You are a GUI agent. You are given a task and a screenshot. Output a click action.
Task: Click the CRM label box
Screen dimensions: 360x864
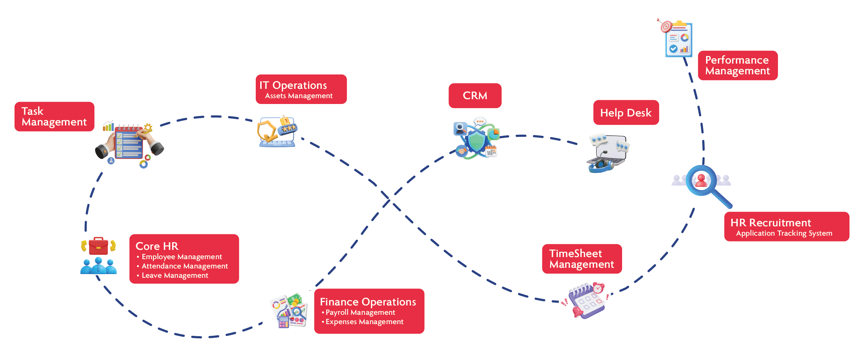(475, 96)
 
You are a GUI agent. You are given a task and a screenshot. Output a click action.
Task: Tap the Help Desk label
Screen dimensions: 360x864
(626, 113)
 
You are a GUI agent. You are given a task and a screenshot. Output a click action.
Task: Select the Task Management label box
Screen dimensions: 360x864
(54, 116)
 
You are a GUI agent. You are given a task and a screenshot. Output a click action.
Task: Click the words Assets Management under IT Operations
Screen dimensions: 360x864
(299, 96)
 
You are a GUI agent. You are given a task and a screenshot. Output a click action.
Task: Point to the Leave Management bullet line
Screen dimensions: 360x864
(175, 275)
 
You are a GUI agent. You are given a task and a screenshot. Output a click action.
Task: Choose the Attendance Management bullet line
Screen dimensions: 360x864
(185, 266)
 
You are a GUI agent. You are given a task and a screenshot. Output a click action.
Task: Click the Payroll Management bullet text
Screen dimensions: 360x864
(360, 312)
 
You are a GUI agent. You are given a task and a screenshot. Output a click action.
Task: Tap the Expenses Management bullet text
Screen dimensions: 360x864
(364, 322)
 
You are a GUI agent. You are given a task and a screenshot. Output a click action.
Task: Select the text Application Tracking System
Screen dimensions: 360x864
(784, 233)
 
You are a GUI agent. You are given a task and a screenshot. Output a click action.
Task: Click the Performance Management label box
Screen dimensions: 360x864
(737, 65)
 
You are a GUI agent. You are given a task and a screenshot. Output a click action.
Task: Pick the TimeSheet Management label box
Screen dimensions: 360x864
(582, 259)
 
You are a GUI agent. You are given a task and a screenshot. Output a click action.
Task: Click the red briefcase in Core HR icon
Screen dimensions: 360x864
(98, 246)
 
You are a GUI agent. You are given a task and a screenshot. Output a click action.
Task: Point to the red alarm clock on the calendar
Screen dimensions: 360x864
(598, 288)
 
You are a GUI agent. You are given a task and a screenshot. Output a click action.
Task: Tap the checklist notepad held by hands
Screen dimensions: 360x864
(129, 142)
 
